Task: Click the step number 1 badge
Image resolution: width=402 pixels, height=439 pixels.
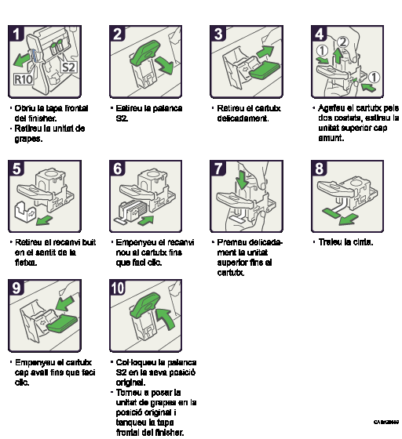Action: coord(16,34)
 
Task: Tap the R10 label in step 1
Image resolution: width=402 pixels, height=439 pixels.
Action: coord(24,79)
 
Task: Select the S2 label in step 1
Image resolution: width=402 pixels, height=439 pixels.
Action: coord(69,67)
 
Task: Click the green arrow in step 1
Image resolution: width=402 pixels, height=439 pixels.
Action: coord(23,59)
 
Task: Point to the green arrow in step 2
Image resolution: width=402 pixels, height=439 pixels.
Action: coord(165,66)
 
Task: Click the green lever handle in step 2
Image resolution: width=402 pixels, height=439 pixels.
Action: coord(145,51)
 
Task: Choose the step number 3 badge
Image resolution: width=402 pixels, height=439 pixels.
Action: coord(218,34)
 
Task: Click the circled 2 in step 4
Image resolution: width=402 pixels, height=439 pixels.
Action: coord(342,42)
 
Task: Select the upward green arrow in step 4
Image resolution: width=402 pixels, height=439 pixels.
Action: coord(338,56)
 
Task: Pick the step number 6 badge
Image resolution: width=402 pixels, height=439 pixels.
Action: coord(118,169)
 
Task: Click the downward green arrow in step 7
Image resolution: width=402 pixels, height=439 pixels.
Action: coord(242,180)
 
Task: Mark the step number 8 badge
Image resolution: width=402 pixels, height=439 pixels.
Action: coord(320,169)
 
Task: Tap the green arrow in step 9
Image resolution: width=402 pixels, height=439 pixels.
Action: coord(64,303)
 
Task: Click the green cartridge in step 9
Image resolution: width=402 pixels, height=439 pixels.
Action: coord(62,322)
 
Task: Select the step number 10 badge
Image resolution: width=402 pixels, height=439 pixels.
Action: coord(118,288)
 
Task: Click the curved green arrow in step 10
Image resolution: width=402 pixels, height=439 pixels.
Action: coord(164,318)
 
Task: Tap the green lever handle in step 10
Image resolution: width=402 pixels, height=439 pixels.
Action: coord(144,304)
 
